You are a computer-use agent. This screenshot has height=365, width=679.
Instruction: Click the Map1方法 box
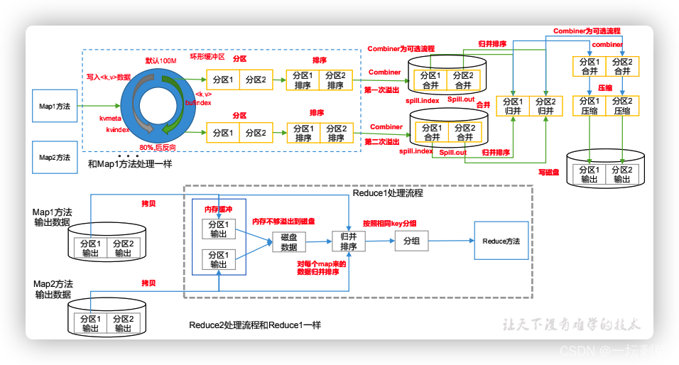coord(55,106)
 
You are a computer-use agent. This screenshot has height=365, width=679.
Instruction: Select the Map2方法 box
coord(55,157)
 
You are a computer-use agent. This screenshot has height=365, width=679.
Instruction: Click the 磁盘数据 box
coord(288,242)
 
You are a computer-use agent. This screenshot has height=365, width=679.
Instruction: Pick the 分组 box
coord(411,241)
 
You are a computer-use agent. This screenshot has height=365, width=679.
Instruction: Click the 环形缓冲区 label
coord(206,57)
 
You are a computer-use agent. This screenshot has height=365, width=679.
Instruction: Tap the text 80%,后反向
coord(157,147)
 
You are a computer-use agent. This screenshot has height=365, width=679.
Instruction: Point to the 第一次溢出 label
coord(382,90)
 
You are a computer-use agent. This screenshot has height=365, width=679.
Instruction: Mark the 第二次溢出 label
coord(382,142)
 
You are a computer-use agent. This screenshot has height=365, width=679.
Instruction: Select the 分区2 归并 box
coord(545,106)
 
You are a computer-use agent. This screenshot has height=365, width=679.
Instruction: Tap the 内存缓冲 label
coord(218,209)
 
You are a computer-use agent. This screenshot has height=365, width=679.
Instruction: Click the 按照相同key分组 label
coord(389,222)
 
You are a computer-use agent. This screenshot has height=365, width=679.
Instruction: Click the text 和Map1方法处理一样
coord(130,164)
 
